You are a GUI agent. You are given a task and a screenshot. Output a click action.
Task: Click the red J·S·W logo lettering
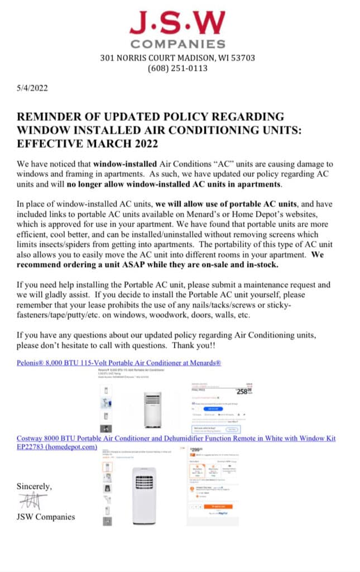click(x=177, y=23)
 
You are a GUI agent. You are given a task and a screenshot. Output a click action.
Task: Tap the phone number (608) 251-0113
click(x=177, y=68)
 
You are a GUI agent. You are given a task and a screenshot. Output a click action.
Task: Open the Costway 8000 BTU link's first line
click(x=176, y=438)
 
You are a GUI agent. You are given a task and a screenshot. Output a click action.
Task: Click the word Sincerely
click(x=35, y=486)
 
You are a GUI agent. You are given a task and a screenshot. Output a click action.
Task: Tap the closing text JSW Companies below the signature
click(x=46, y=517)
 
